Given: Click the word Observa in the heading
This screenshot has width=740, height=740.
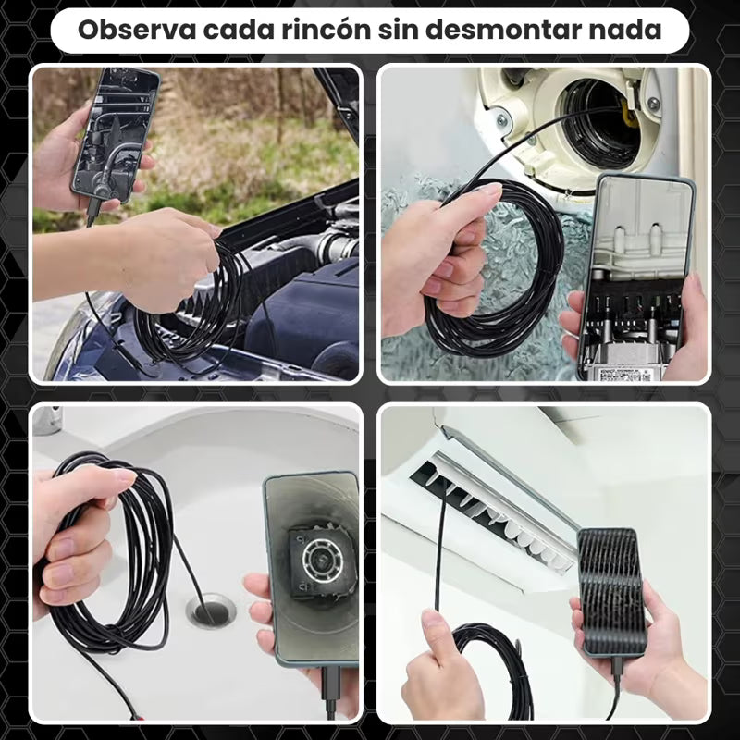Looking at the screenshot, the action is tap(137, 31).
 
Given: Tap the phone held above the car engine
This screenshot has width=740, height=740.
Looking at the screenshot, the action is tap(116, 134).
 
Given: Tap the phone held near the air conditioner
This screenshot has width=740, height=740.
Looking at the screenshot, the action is tap(612, 592).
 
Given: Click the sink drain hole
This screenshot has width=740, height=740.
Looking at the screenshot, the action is tap(211, 611).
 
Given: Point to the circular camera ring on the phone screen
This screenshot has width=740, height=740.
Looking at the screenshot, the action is tap(322, 560).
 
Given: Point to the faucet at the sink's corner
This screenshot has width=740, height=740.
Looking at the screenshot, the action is tap(47, 420).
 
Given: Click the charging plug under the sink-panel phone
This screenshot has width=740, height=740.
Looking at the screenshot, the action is tap(331, 691).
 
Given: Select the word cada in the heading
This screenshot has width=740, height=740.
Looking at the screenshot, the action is tap(239, 31).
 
